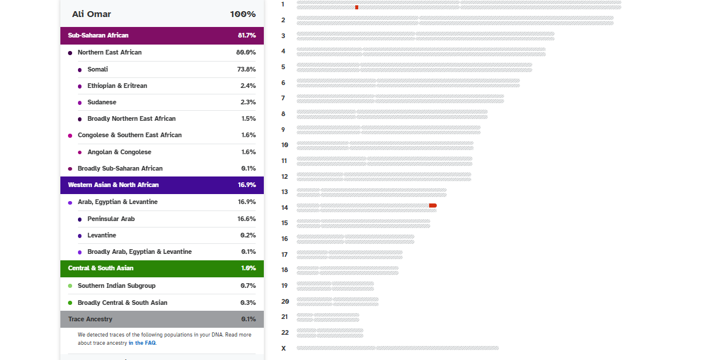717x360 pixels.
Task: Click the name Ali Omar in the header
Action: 91,14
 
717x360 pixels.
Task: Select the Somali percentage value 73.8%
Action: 246,69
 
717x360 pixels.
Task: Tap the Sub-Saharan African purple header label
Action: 98,35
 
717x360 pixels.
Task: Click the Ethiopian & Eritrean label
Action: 117,86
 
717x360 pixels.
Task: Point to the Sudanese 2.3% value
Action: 248,102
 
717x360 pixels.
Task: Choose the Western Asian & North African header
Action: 113,185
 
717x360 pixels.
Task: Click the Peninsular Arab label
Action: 111,219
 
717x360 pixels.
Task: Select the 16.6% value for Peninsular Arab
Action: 246,219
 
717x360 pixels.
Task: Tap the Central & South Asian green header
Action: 100,268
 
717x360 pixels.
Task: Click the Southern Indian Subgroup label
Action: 117,286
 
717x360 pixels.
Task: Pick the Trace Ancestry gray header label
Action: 90,319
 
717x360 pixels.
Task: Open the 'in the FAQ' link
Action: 142,343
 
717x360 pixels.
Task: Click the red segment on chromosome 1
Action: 356,7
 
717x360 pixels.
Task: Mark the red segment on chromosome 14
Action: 433,205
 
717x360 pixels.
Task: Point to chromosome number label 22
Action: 285,332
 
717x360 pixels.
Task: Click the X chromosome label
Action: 284,348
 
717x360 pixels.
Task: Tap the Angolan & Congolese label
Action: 119,152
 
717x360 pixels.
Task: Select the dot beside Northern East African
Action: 70,53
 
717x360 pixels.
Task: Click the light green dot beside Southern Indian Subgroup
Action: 70,286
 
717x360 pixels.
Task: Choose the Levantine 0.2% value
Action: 248,235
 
